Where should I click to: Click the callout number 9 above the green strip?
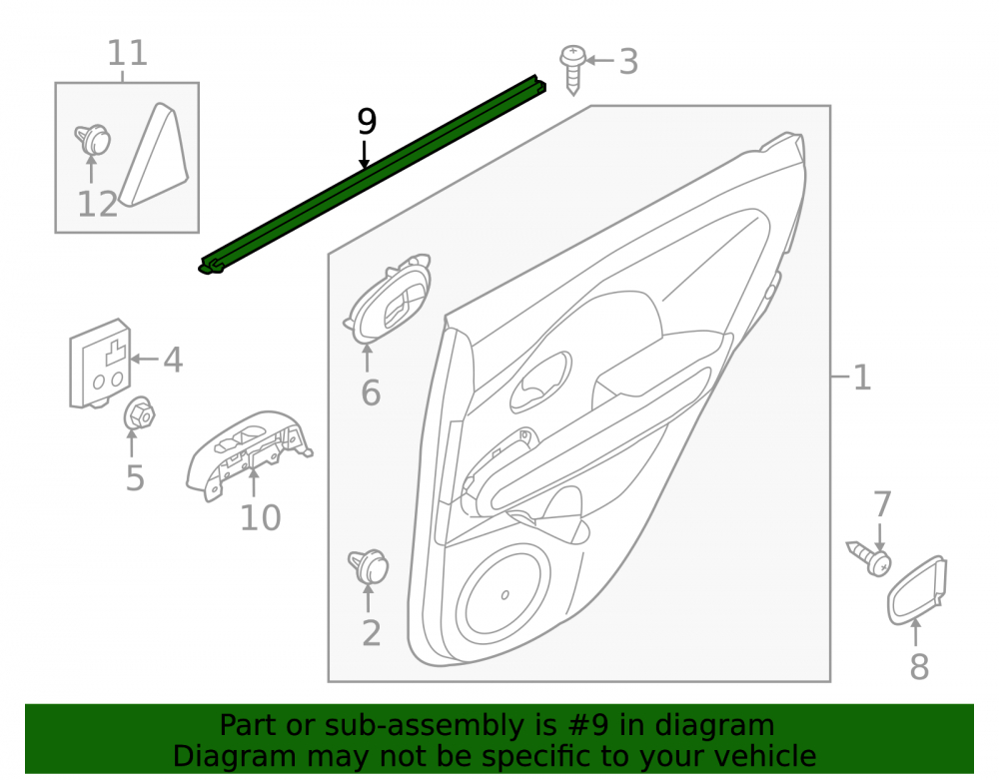tap(367, 121)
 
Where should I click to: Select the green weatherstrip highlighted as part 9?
tap(372, 175)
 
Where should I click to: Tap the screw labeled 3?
tap(572, 70)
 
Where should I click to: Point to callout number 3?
tap(628, 62)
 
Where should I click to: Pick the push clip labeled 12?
tap(92, 140)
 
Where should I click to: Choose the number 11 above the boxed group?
tap(128, 53)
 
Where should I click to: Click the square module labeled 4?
tap(100, 364)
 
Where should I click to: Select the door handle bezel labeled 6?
tap(388, 299)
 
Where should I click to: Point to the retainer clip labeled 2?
tap(369, 565)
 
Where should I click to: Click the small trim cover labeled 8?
tap(917, 590)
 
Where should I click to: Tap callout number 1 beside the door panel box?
tap(862, 378)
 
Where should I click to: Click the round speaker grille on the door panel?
tap(502, 597)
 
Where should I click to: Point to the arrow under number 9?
tap(365, 154)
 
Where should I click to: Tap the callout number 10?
tap(260, 518)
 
